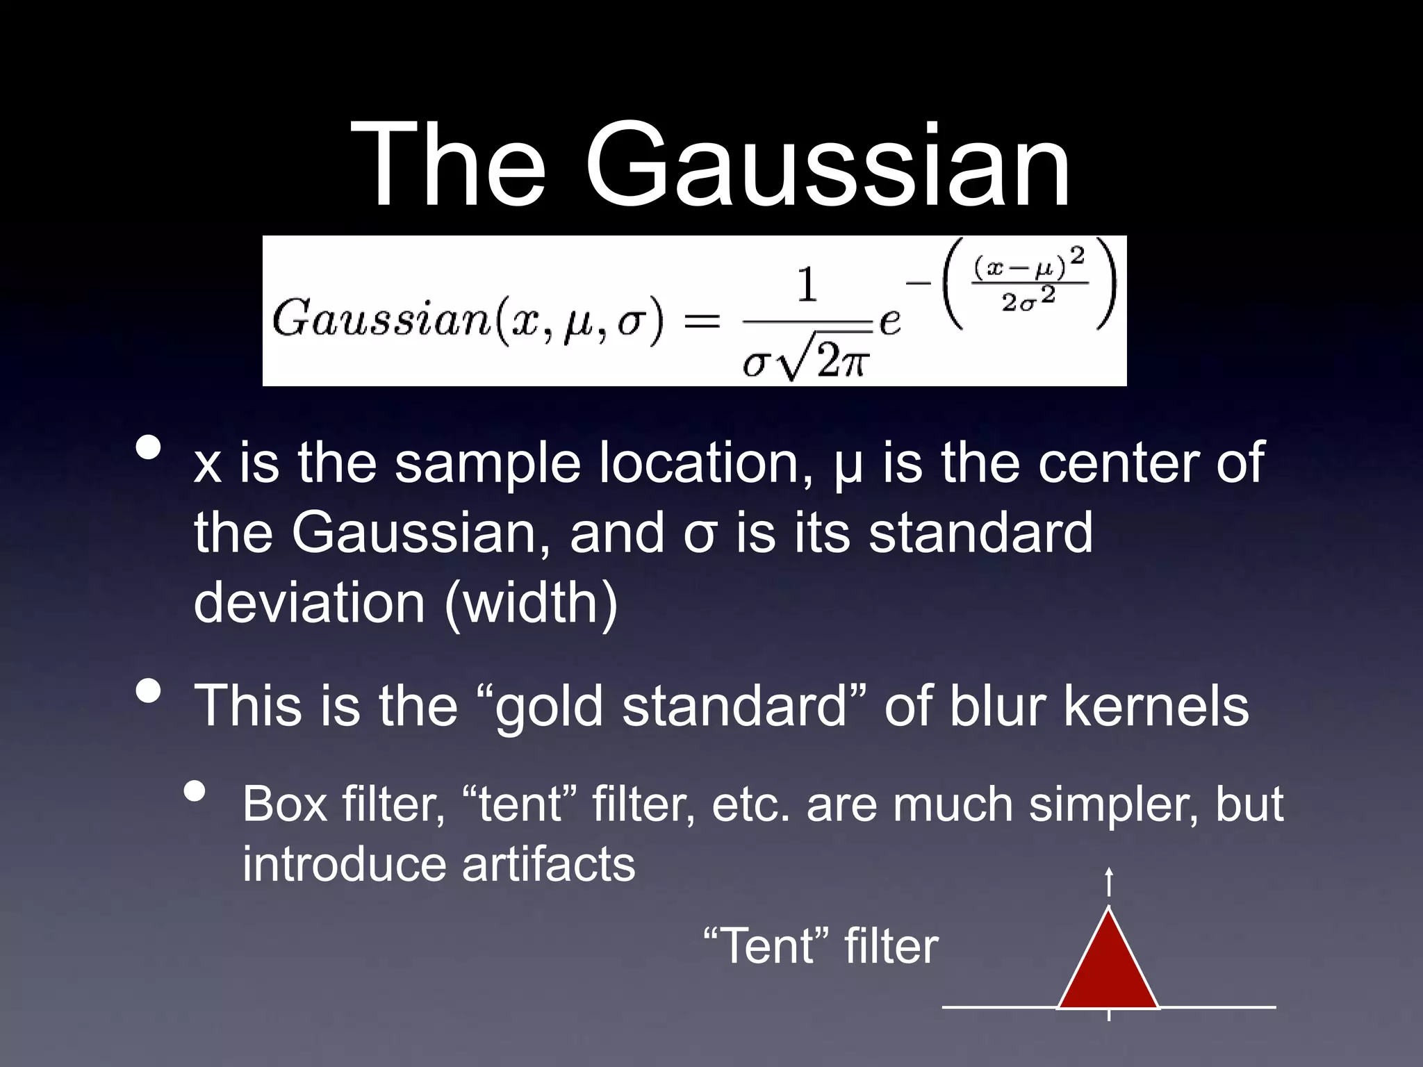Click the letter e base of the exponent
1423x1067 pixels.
[890, 321]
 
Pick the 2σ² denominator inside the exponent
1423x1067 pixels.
[1028, 300]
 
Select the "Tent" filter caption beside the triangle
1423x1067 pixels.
[821, 946]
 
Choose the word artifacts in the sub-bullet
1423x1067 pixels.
[548, 864]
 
